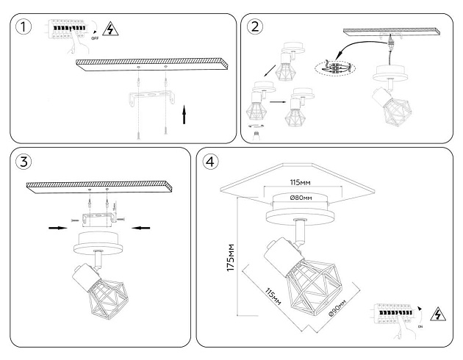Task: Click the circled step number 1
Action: pos(25,28)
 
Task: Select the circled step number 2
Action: pos(256,27)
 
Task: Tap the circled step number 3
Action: pos(25,163)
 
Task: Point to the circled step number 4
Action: pos(211,162)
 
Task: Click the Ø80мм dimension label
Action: pos(301,198)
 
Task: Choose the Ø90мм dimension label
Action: pos(340,310)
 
